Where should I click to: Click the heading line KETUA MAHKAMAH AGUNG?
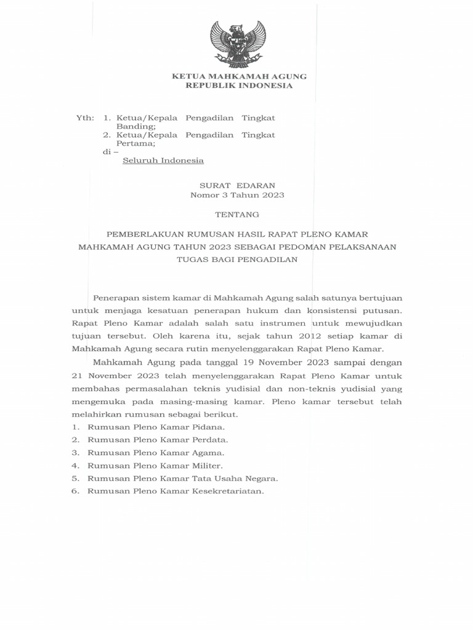point(238,76)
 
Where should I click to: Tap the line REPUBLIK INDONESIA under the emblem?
point(239,86)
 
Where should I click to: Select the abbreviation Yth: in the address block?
point(84,118)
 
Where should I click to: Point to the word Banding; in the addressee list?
point(136,126)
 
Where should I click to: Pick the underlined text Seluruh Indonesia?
point(163,161)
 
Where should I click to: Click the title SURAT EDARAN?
point(237,185)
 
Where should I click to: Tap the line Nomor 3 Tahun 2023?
point(237,195)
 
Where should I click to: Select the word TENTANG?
point(237,215)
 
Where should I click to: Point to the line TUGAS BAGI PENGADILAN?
point(237,259)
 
